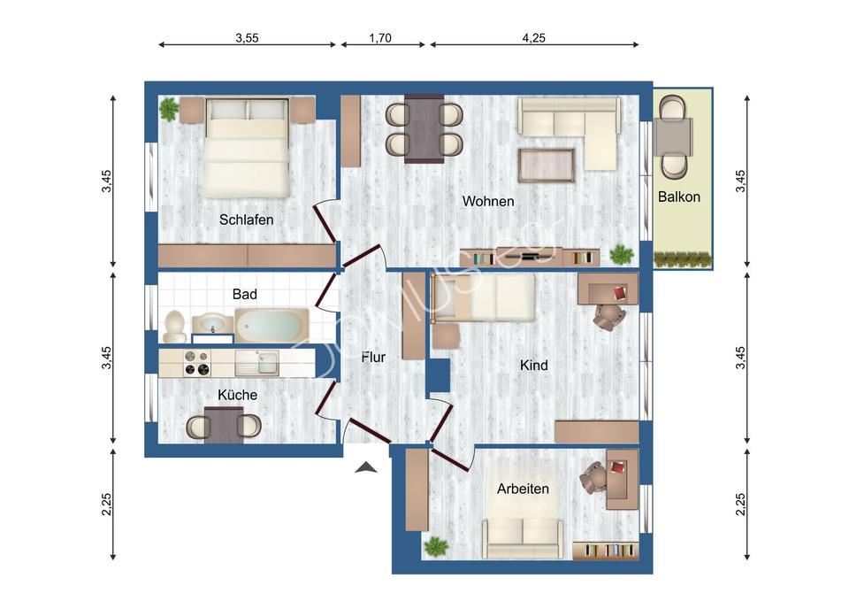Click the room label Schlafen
246,220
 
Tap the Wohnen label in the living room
487,202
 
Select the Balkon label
678,196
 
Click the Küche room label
237,395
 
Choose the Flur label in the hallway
373,358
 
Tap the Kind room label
533,365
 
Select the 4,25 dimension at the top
533,38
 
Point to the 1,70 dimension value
379,38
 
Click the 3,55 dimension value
247,38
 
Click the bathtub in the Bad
272,325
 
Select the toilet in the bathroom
174,327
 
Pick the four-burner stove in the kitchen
195,364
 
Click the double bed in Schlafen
247,147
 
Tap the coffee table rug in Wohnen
546,166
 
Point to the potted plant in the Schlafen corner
168,110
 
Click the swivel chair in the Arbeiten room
593,479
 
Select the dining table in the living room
424,129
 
